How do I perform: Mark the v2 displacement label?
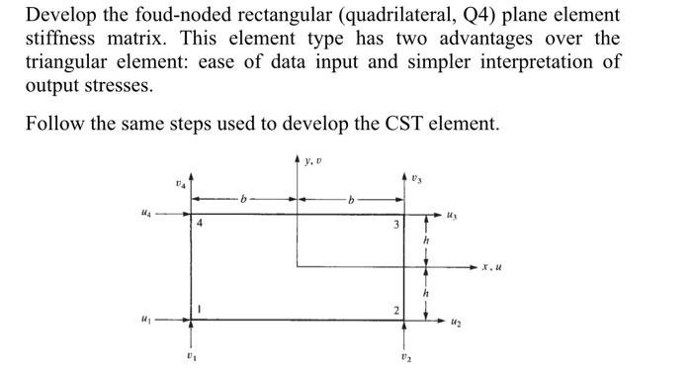point(406,356)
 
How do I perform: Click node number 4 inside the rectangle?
point(200,225)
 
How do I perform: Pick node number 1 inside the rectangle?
point(200,308)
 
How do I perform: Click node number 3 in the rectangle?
point(395,225)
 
